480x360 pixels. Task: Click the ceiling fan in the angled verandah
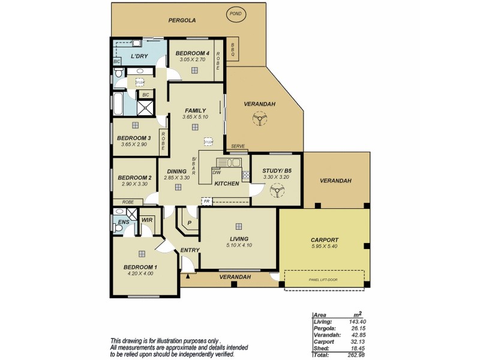pyautogui.click(x=259, y=119)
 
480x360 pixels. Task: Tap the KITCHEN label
pyautogui.click(x=227, y=183)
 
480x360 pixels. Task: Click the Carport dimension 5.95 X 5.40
pyautogui.click(x=325, y=247)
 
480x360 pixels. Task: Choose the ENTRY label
pyautogui.click(x=189, y=250)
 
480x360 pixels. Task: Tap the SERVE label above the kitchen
pyautogui.click(x=238, y=146)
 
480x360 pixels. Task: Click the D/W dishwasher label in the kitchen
pyautogui.click(x=217, y=173)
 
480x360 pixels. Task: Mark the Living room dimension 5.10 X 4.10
pyautogui.click(x=238, y=245)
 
